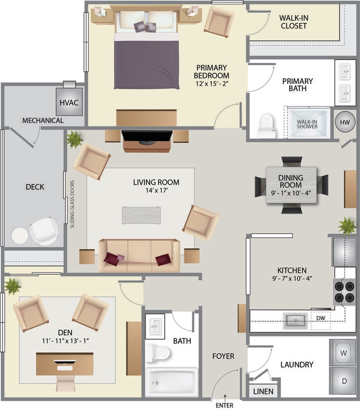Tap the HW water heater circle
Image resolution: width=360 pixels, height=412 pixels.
coord(345,121)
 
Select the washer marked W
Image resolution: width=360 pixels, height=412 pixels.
coord(343,352)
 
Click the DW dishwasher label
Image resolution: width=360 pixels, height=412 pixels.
coord(320,319)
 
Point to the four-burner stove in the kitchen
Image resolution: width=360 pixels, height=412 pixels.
coord(344,291)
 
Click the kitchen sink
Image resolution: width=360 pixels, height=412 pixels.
coord(296,320)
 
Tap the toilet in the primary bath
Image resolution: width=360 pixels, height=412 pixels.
coord(267,125)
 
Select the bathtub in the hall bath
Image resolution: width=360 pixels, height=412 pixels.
coord(171,381)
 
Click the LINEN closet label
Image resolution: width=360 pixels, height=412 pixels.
coord(263,391)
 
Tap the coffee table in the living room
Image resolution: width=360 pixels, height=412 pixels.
coord(141,215)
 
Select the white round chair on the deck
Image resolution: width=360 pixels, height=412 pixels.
coord(44,231)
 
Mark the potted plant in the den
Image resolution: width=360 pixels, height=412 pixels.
coord(12,286)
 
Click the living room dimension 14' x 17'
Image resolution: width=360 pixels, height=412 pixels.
coord(156,191)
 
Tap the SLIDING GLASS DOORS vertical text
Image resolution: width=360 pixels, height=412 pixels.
coord(72,205)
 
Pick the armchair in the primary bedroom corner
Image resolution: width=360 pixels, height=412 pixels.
coord(219,21)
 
